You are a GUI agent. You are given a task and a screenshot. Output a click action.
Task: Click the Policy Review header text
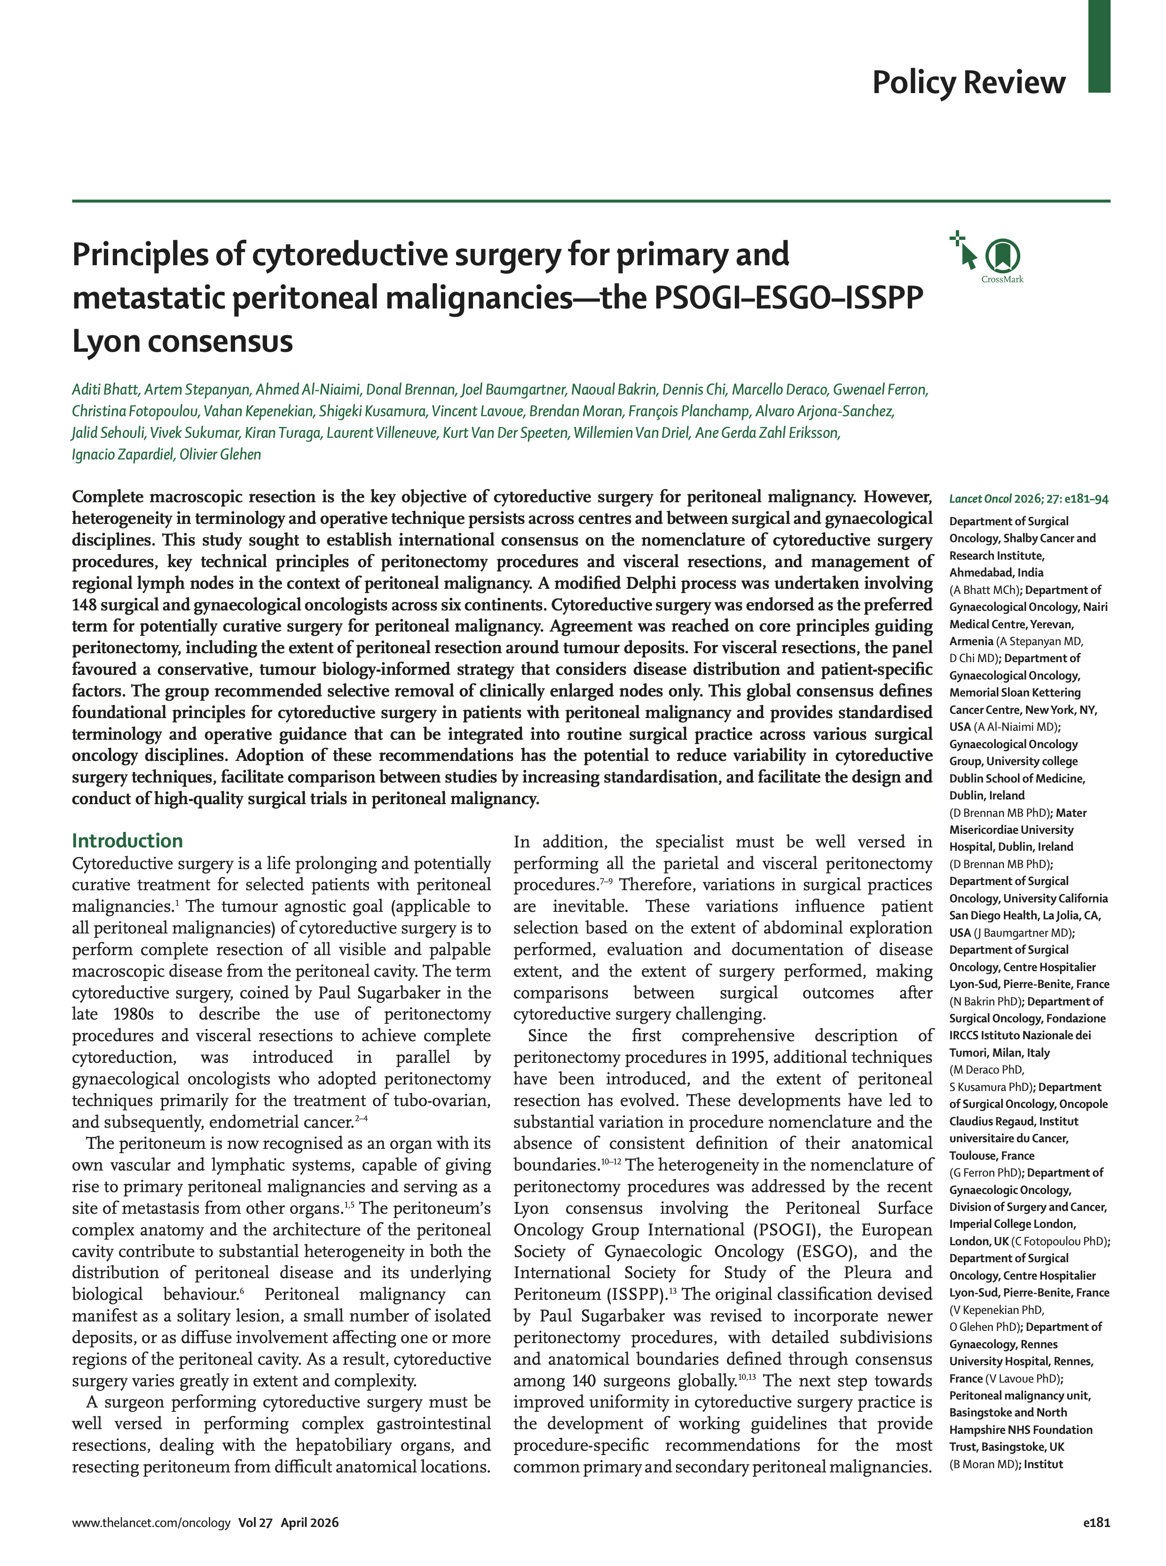[x=969, y=83]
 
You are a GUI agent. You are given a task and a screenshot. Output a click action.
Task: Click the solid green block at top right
[x=1099, y=46]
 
